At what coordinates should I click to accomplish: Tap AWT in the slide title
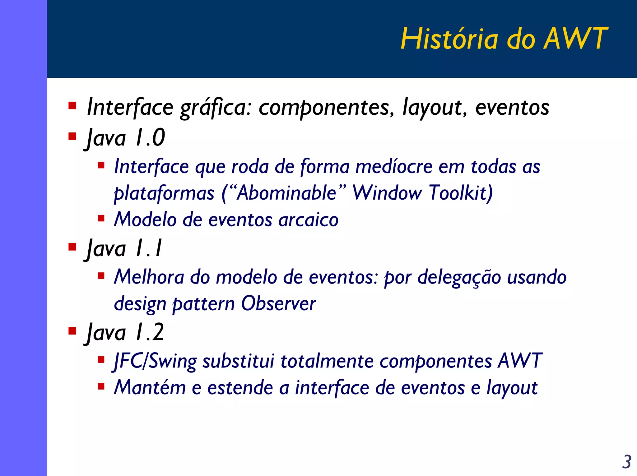click(575, 39)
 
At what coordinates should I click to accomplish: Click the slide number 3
click(626, 462)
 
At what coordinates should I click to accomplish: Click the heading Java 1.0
click(125, 138)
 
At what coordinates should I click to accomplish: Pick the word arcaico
click(308, 220)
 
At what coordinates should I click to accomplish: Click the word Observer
click(278, 304)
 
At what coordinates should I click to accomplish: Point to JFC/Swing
click(155, 361)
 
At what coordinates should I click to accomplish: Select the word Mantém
click(150, 388)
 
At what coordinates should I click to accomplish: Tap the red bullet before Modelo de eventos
click(101, 218)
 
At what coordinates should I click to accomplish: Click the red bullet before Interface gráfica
click(72, 106)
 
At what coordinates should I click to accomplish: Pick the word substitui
click(238, 361)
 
